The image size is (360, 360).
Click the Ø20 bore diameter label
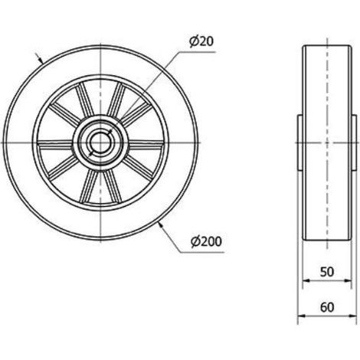[201, 41]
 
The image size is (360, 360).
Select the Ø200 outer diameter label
[207, 241]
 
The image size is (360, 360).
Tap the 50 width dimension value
[327, 272]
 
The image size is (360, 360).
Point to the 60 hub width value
[327, 307]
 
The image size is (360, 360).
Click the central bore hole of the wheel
[100, 142]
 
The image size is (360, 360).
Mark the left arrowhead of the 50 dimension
[306, 280]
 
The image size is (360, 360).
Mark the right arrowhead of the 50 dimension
[348, 280]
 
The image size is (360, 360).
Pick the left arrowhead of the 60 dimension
[302, 316]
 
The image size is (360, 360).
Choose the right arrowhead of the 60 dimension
[352, 316]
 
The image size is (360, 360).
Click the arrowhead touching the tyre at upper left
[40, 61]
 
